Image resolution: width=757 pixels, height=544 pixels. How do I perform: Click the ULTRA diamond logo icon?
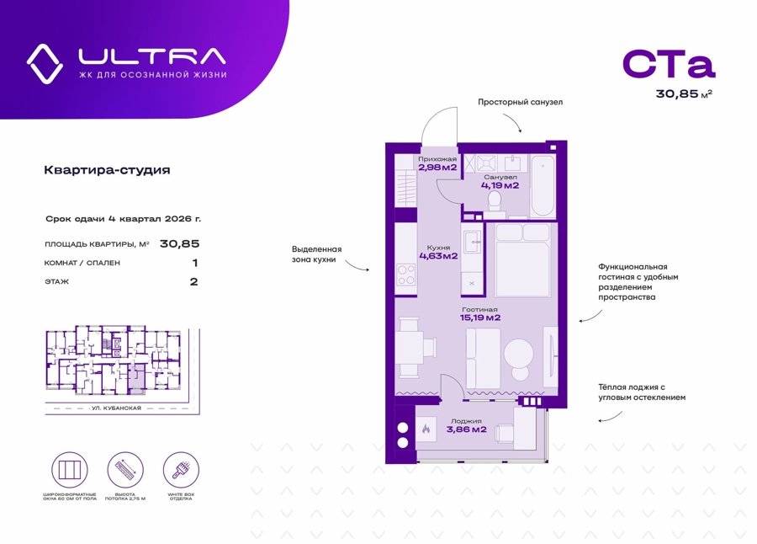(45, 61)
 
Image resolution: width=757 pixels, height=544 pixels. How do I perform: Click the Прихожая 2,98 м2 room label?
(437, 163)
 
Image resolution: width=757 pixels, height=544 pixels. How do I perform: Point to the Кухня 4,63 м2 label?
(437, 252)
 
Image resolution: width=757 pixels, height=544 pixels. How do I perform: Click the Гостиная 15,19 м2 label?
(480, 314)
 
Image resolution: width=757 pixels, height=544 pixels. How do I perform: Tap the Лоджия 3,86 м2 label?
(466, 425)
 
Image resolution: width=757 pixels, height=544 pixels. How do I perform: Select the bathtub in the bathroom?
(543, 185)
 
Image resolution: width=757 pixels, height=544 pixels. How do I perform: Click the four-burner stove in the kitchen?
(406, 275)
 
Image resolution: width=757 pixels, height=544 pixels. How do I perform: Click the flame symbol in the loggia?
(426, 429)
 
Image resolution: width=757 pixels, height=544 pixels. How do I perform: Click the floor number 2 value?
(193, 281)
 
